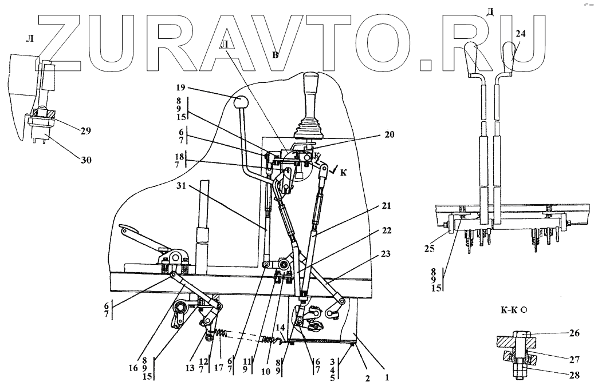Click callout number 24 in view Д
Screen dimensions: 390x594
coord(520,34)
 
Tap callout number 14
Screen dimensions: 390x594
coord(280,327)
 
